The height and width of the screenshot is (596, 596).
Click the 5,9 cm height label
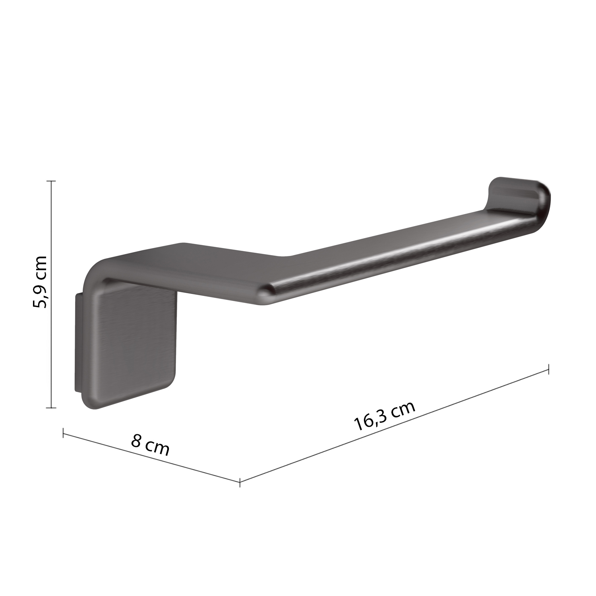click(x=40, y=282)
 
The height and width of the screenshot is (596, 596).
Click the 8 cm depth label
click(x=150, y=446)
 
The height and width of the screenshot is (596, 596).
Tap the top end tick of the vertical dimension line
click(x=51, y=181)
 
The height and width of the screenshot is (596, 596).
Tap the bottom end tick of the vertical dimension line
click(x=51, y=408)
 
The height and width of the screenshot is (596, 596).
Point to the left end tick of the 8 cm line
click(x=63, y=433)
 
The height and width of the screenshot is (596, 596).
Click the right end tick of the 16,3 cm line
click(x=549, y=369)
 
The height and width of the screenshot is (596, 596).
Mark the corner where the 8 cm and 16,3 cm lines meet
click(x=240, y=482)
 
